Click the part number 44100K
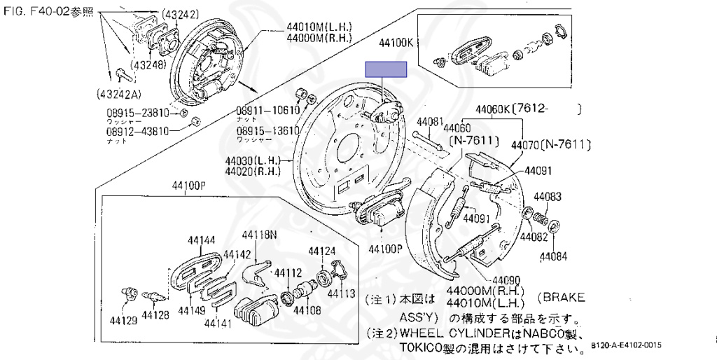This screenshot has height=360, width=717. pyautogui.click(x=396, y=43)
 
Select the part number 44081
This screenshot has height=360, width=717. pyautogui.click(x=431, y=122)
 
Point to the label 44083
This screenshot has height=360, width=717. pyautogui.click(x=548, y=197)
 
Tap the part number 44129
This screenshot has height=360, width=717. pyautogui.click(x=123, y=321)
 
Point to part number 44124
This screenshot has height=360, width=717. pyautogui.click(x=323, y=251)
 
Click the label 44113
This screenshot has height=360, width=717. pyautogui.click(x=342, y=294)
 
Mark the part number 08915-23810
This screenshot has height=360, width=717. pyautogui.click(x=137, y=112)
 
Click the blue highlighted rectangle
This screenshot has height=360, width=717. pyautogui.click(x=386, y=69)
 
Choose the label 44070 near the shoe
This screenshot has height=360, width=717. pyautogui.click(x=526, y=146)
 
